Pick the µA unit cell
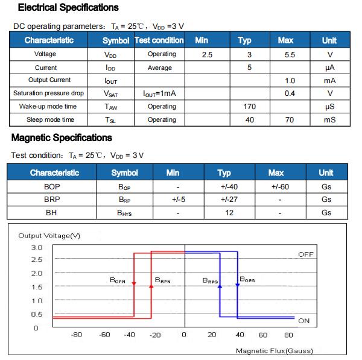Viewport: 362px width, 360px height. coord(329,68)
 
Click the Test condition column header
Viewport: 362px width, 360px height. coord(159,40)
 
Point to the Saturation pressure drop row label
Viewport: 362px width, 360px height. coord(49,93)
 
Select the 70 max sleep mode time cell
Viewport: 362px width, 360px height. coord(289,120)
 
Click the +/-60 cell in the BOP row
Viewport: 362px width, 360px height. coord(280,186)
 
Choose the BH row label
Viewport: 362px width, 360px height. coord(52,213)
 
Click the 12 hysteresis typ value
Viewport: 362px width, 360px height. coord(229,213)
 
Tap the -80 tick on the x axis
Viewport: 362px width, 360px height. coord(77,335)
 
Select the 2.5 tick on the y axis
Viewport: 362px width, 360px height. coord(37,260)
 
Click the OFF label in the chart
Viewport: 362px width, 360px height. coord(306,254)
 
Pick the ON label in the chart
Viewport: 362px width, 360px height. coord(304,320)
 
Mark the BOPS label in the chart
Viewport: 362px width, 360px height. coord(248,279)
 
